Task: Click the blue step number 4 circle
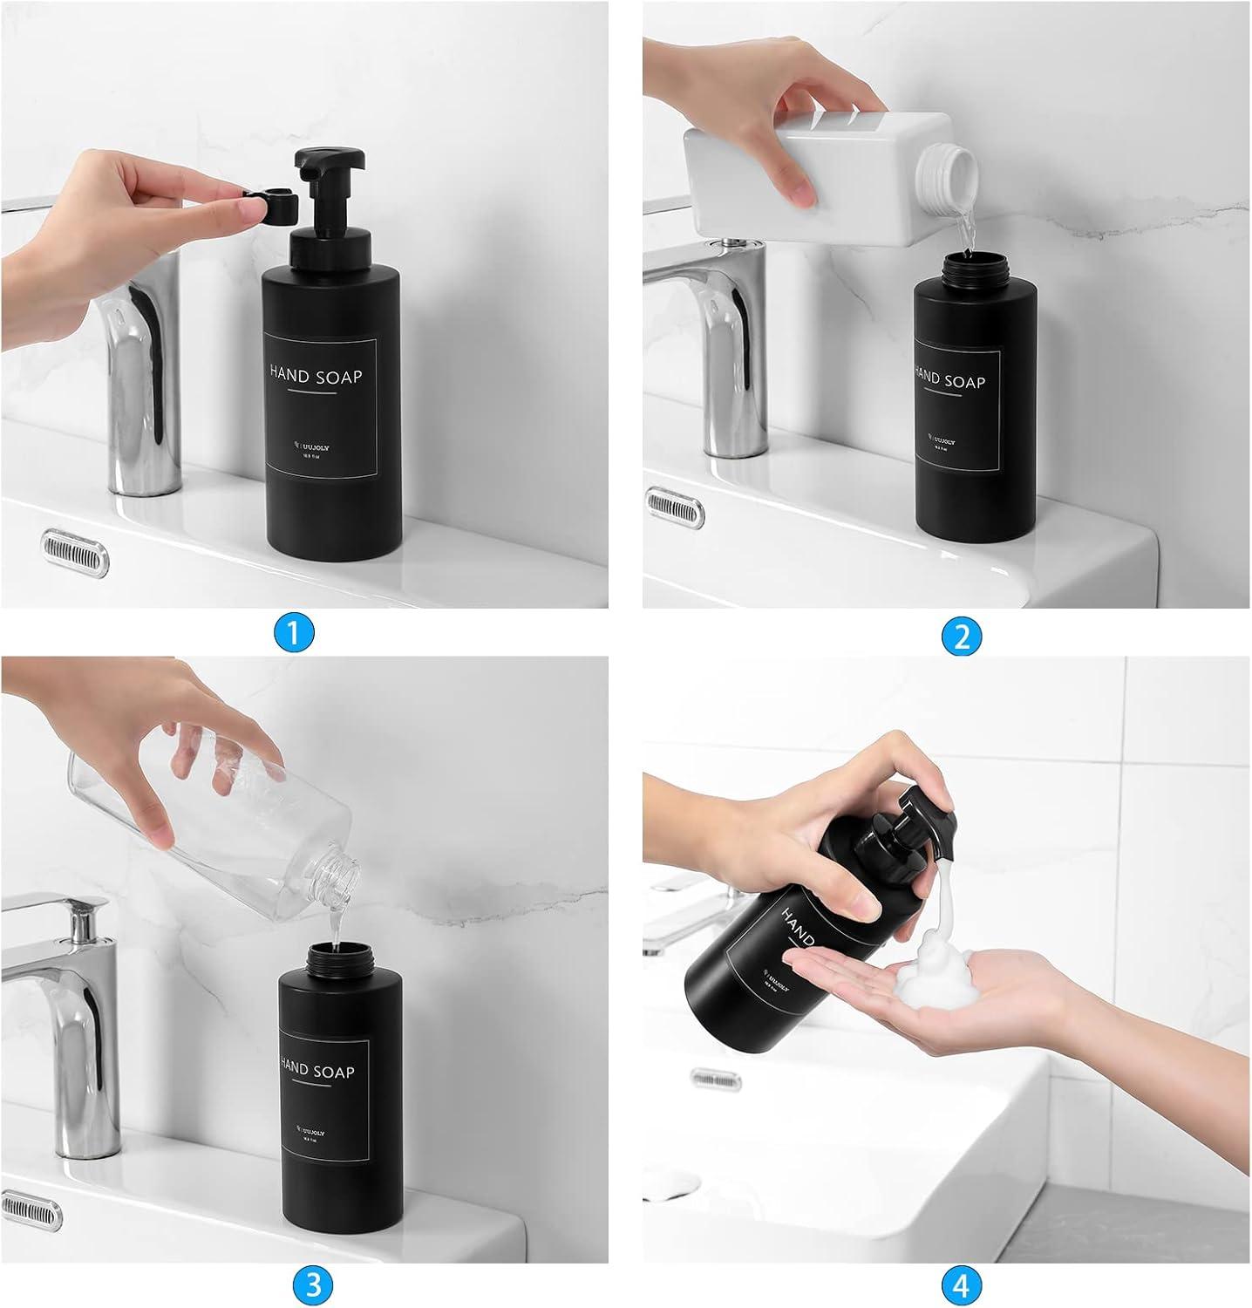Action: pos(962,1284)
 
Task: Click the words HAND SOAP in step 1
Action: pos(316,376)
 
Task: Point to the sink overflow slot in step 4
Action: pos(719,1078)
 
